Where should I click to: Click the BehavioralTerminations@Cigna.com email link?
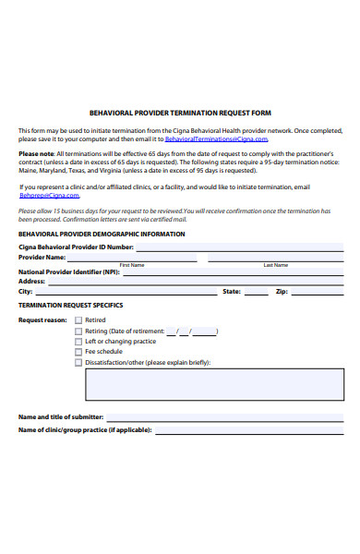[216, 139]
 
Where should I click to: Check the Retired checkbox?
[78, 320]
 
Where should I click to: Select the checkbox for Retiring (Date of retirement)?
[78, 331]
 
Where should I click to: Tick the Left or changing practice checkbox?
[78, 342]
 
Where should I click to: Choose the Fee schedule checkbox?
[78, 352]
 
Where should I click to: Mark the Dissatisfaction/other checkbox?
[78, 363]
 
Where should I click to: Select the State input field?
[256, 293]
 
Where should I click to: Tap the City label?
[26, 291]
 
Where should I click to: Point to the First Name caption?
[132, 265]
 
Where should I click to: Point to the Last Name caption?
[275, 265]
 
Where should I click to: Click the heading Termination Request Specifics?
[71, 305]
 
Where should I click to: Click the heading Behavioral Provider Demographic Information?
[102, 235]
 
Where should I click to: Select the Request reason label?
[42, 320]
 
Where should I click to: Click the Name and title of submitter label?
[61, 417]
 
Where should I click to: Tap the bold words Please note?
[36, 153]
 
